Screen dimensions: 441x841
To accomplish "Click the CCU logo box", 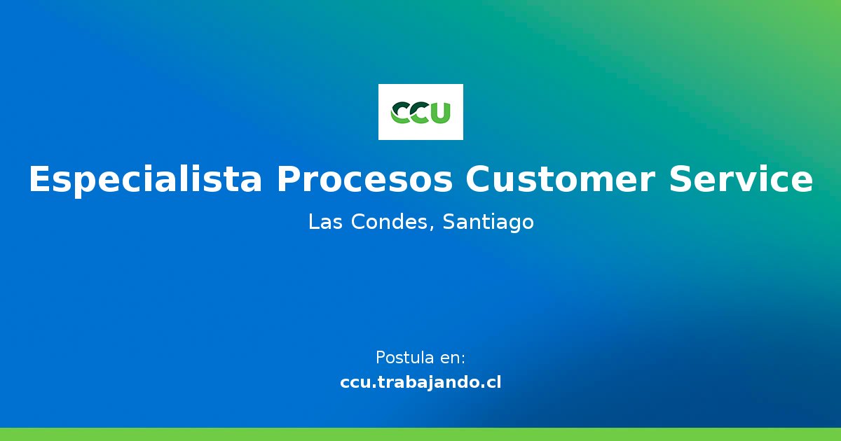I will [420, 112].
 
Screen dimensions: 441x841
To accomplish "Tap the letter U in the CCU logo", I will [439, 113].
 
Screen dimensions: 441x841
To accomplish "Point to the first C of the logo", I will [402, 113].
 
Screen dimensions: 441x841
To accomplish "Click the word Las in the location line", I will [324, 223].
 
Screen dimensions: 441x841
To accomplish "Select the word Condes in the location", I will [392, 223].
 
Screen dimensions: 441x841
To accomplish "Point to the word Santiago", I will [488, 223].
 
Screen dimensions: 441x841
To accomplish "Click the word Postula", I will [404, 358].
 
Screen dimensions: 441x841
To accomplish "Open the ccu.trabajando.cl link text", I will [420, 383].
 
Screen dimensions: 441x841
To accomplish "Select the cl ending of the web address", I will [493, 383].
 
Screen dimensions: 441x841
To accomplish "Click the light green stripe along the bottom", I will [420, 435].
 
